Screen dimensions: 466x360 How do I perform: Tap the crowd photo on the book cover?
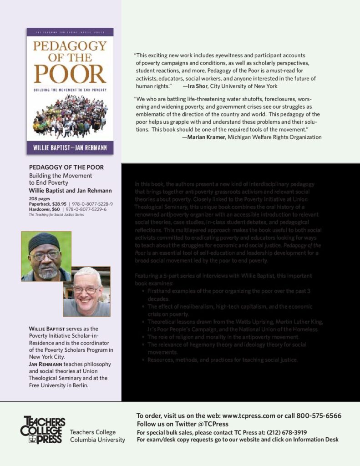pyautogui.click(x=70, y=116)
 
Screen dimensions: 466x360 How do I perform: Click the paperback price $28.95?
pyautogui.click(x=58, y=204)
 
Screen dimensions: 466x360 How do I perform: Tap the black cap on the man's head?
pyautogui.click(x=44, y=242)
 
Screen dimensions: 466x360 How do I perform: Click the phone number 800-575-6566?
pyautogui.click(x=319, y=416)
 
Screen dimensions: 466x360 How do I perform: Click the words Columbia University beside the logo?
pyautogui.click(x=97, y=440)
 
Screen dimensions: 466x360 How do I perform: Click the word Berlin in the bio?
pyautogui.click(x=78, y=385)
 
